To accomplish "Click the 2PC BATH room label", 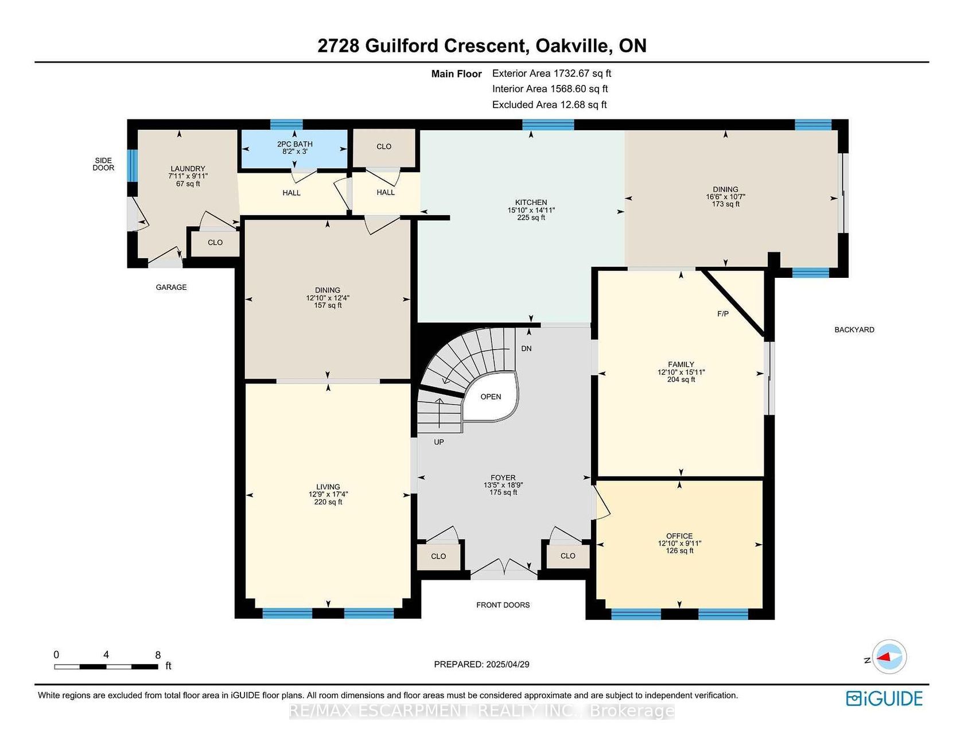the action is pos(295,144).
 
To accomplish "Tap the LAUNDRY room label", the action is pos(188,169).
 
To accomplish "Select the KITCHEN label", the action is pos(531,202).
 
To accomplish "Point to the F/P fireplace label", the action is pos(723,314).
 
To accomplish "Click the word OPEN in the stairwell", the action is pos(491,397).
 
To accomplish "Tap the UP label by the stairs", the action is pos(439,442).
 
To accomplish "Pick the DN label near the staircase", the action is pos(526,348).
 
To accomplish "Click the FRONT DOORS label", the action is pos(503,605).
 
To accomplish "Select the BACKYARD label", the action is pos(854,329).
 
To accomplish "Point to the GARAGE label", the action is pos(171,287).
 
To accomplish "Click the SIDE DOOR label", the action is pos(103,164).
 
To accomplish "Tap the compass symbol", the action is pos(889,657).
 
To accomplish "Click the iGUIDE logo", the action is pos(884,699).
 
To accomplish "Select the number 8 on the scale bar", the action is pos(158,655).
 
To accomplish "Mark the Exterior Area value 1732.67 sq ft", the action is pos(582,73).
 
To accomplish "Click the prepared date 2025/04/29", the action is pos(508,665).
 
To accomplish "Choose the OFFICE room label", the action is pos(679,536).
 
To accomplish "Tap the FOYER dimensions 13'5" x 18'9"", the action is pos(503,485).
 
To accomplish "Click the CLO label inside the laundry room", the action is pos(215,243).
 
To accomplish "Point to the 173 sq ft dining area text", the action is pos(725,204).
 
